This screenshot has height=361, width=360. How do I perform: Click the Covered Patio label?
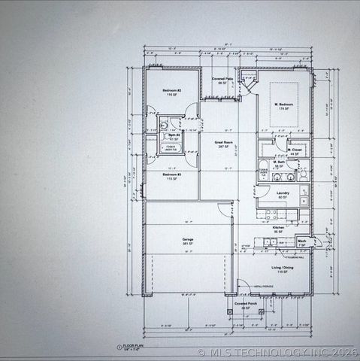click(222, 80)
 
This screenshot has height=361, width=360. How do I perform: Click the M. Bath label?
click(279, 163)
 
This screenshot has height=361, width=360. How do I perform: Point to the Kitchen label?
click(278, 229)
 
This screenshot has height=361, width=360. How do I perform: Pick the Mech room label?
click(301, 242)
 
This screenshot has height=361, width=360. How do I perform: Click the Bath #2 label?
click(174, 137)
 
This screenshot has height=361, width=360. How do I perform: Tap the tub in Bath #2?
click(171, 148)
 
